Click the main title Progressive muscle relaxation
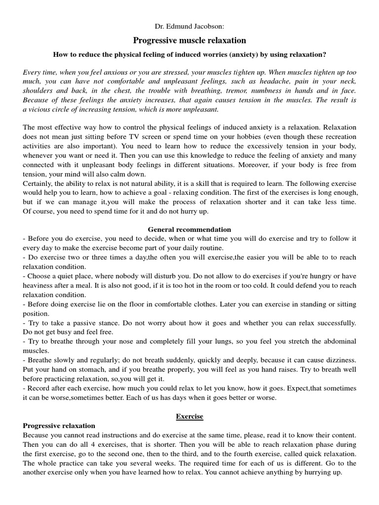(189, 40)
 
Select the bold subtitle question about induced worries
(189, 54)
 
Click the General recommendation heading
(189, 229)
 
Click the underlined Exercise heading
(189, 416)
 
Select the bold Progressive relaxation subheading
(59, 425)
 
